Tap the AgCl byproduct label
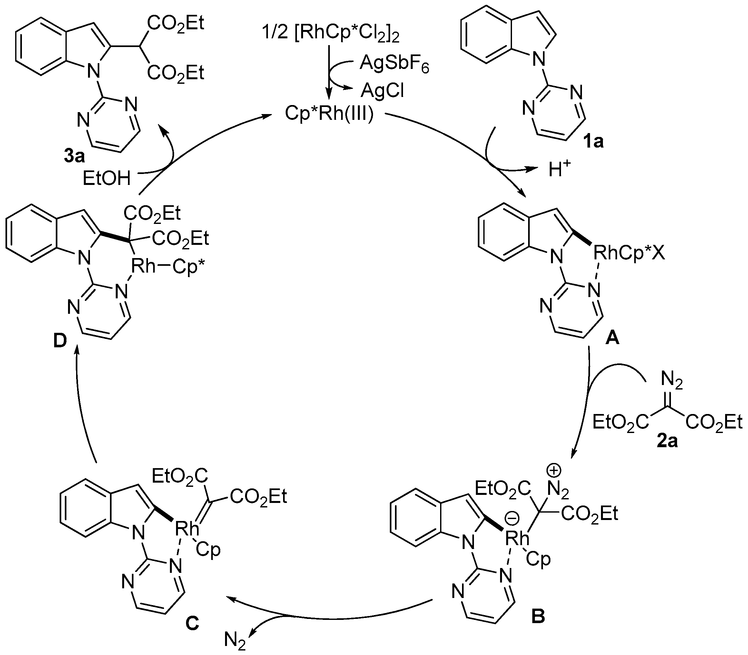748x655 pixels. coord(382,90)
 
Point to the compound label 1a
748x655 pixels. coord(593,141)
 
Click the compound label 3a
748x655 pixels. coord(74,156)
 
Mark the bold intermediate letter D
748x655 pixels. coord(60,341)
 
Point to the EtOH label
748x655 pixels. coord(106,178)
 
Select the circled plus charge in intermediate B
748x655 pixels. coord(555,471)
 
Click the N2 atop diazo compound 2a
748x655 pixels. coord(672,382)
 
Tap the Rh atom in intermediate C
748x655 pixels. coord(187,528)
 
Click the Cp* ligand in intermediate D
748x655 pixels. coord(188,266)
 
